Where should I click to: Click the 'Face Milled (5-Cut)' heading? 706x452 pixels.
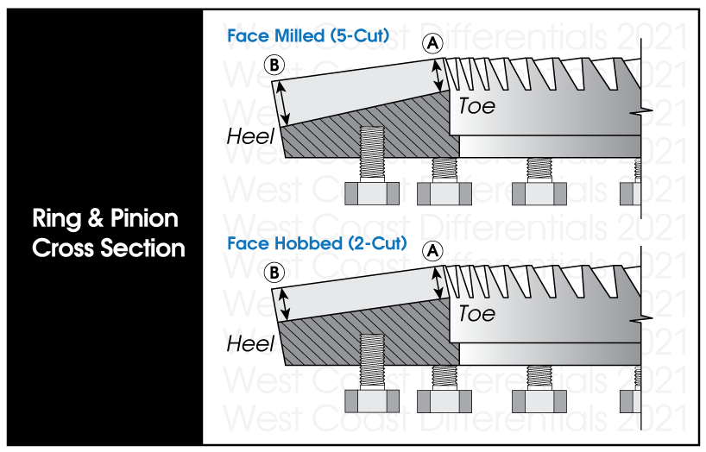tap(308, 36)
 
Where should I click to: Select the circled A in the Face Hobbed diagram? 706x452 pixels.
tap(434, 251)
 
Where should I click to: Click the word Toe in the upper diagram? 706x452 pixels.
tap(476, 105)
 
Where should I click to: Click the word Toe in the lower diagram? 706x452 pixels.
tap(476, 312)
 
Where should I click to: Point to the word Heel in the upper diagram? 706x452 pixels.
tap(250, 135)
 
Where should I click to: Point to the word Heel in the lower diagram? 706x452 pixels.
tap(250, 343)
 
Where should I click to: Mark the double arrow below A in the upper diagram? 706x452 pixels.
tap(440, 73)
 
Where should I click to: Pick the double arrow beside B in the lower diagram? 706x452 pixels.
tap(282, 303)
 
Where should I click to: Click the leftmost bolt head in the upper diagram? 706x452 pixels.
tap(370, 192)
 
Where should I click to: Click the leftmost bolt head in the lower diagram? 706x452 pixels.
tap(370, 400)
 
